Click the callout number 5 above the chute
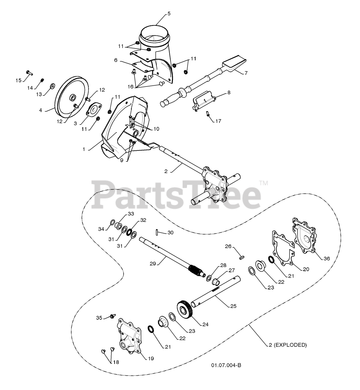click(x=169, y=14)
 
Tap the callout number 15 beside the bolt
click(x=19, y=80)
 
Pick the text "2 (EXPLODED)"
click(x=288, y=345)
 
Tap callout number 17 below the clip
click(x=218, y=121)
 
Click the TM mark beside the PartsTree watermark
click(x=263, y=183)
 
